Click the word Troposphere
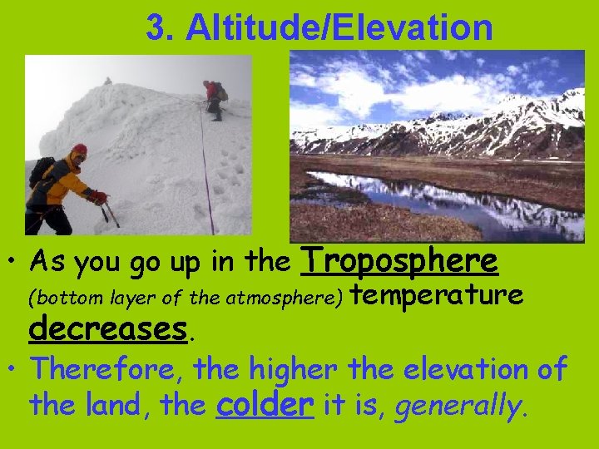pyautogui.click(x=400, y=261)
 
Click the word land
pyautogui.click(x=113, y=407)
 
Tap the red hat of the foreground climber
pyautogui.click(x=79, y=150)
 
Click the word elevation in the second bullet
pyautogui.click(x=486, y=368)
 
